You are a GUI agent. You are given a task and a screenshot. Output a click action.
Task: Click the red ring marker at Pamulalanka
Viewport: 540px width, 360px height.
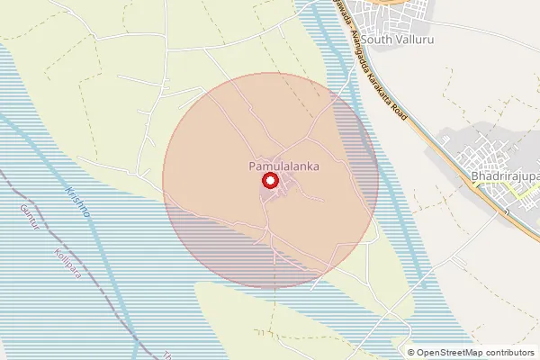coord(269,181)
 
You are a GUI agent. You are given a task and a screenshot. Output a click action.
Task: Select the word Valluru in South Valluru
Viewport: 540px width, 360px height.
coord(415,39)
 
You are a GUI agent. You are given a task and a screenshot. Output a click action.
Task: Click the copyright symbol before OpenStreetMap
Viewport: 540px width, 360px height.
coord(412,353)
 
